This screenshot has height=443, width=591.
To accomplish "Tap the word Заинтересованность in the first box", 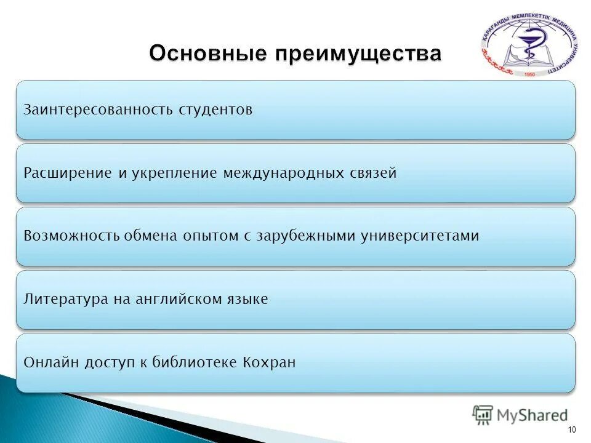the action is click(98, 110).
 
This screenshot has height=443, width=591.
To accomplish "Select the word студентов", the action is click(215, 110).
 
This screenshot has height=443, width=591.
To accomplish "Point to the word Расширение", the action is click(68, 174).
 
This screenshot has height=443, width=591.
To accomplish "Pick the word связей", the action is click(373, 173).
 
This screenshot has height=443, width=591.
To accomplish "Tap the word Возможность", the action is click(71, 236).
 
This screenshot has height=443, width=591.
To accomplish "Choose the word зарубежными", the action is click(306, 236).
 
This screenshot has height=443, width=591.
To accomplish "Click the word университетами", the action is click(420, 236).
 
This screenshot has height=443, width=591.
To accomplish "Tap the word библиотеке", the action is click(194, 362).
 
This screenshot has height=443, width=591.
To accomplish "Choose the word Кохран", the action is click(269, 362).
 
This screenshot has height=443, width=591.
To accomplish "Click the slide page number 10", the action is click(572, 430).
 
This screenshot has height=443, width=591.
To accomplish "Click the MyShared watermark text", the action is click(532, 415).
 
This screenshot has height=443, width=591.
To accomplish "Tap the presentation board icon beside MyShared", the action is click(482, 414).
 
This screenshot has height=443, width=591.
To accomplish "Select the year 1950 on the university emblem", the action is click(529, 74).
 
